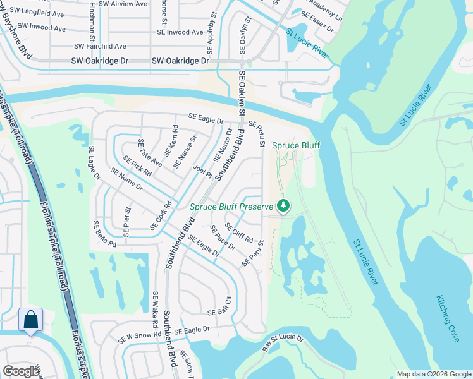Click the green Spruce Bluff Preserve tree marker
coord(284,205)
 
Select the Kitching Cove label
coord(448,319)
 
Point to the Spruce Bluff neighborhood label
coord(296,145)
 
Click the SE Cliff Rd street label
coord(239,234)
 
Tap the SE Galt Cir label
coord(221,311)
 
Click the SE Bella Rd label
coord(105,234)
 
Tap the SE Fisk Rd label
coord(137,166)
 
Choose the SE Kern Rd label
coord(171,141)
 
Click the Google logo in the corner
coord(21,371)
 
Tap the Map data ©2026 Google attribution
coord(433,374)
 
